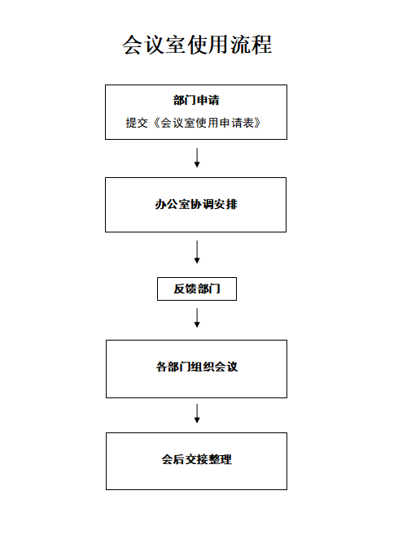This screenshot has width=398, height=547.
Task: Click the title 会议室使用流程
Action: tap(197, 45)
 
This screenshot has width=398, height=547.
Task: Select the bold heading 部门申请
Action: tap(196, 100)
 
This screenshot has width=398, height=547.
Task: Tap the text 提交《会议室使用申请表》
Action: tap(193, 123)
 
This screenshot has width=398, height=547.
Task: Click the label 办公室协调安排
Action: tap(196, 204)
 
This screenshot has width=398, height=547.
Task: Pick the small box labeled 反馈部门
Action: tap(197, 289)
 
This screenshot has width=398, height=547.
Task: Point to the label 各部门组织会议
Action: tap(197, 367)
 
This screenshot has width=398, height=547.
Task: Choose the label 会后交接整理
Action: tap(197, 459)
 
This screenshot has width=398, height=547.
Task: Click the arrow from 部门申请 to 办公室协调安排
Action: tap(197, 158)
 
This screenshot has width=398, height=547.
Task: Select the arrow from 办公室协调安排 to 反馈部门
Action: tap(197, 251)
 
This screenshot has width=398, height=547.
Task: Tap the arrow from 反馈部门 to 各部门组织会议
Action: tap(197, 318)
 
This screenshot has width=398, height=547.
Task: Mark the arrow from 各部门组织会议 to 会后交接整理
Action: tap(197, 414)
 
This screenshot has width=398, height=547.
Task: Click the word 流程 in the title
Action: tap(251, 45)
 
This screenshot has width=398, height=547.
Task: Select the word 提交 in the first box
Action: tap(137, 123)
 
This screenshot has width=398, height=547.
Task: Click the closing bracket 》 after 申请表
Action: tap(257, 123)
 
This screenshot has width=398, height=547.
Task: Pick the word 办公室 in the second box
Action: tap(173, 204)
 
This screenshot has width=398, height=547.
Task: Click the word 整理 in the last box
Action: tap(220, 459)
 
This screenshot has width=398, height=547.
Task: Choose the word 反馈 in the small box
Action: tap(186, 289)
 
